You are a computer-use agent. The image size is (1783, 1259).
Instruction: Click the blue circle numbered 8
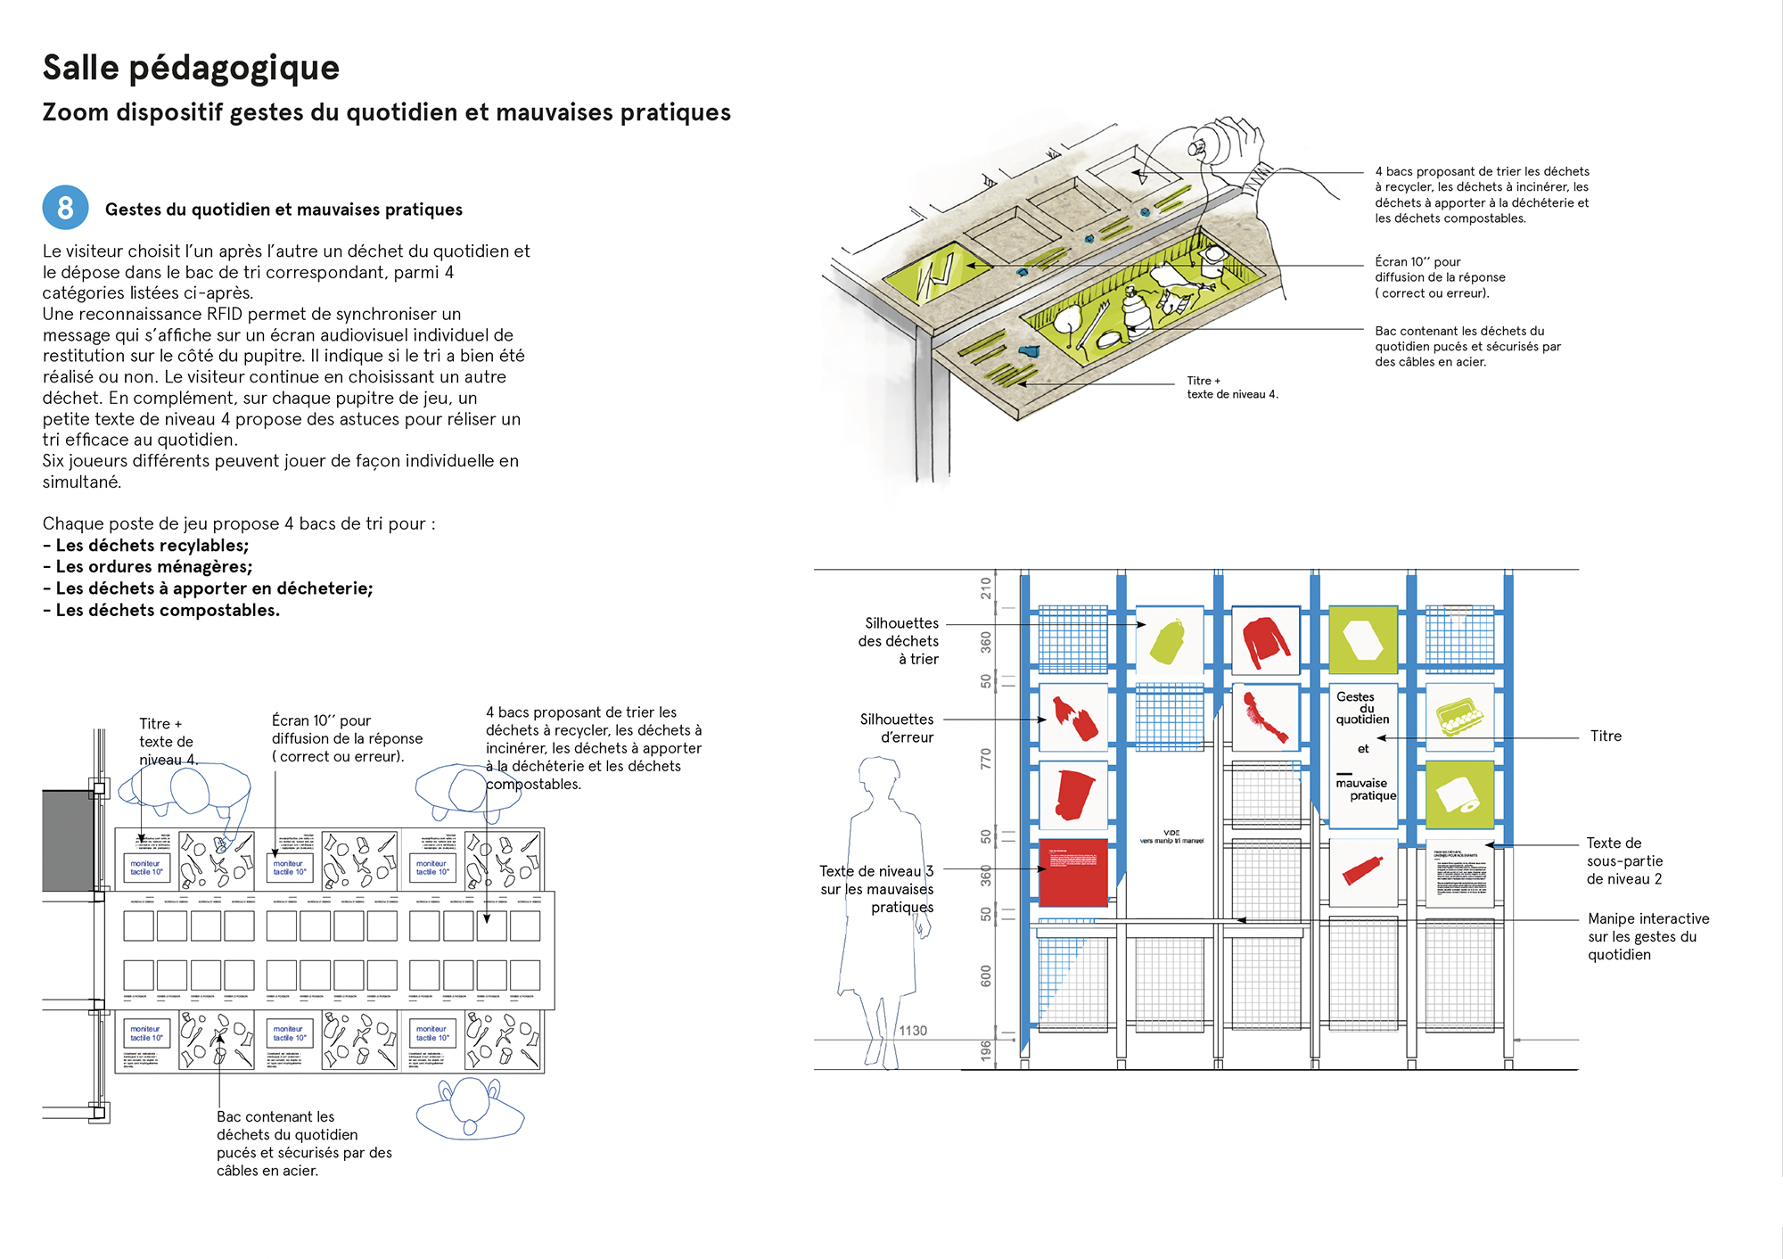(x=65, y=208)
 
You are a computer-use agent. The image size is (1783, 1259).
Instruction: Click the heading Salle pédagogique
(x=191, y=68)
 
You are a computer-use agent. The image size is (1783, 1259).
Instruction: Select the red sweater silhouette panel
(x=1265, y=640)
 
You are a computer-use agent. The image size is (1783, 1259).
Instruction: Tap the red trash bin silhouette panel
(x=1073, y=794)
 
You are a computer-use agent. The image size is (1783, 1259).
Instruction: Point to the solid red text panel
(x=1073, y=871)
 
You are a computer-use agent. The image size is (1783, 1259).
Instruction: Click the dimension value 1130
(x=913, y=1031)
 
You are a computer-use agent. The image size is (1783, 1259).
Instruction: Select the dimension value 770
(x=985, y=759)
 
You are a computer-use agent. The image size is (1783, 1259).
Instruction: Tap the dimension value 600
(x=985, y=975)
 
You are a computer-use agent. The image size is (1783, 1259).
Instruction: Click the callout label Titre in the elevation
(x=1606, y=736)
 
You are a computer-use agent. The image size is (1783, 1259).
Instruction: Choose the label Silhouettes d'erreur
(x=897, y=728)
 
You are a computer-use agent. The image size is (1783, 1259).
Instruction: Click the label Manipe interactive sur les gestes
(x=1647, y=936)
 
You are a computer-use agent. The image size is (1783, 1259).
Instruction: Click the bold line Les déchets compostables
(x=167, y=611)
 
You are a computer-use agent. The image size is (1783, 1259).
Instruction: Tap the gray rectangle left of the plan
(x=68, y=840)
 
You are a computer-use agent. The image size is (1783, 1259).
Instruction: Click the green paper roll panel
(x=1459, y=794)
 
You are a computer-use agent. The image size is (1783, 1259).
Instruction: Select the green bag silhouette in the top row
(x=1169, y=641)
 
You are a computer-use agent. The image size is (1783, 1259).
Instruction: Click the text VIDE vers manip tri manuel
(x=1171, y=836)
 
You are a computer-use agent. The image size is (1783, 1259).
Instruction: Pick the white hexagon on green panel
(x=1362, y=640)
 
